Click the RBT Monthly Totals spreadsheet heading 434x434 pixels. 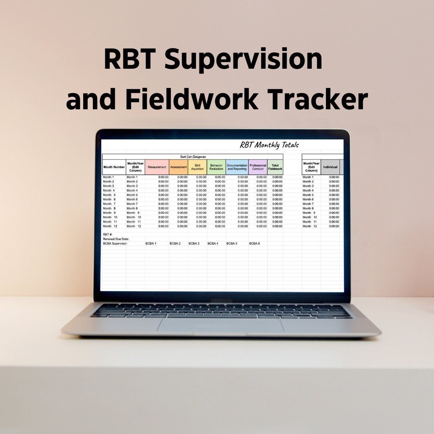(x=269, y=145)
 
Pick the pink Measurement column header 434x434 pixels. (x=157, y=167)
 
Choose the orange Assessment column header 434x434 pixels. (x=178, y=167)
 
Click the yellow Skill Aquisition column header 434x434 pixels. (x=197, y=167)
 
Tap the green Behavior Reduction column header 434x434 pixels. (x=216, y=167)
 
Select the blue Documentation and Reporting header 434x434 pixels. (x=237, y=167)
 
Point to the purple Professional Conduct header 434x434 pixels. (x=258, y=167)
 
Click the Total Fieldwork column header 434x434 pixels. (x=275, y=167)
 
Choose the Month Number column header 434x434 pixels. (x=114, y=167)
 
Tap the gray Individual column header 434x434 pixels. (x=330, y=167)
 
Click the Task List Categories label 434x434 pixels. (x=193, y=157)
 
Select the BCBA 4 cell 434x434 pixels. (x=213, y=244)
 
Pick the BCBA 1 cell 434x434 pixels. (x=151, y=244)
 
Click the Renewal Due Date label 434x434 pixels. (x=116, y=239)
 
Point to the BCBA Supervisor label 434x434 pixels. (x=115, y=244)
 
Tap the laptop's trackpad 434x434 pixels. (x=220, y=325)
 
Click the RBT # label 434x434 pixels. (x=108, y=234)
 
